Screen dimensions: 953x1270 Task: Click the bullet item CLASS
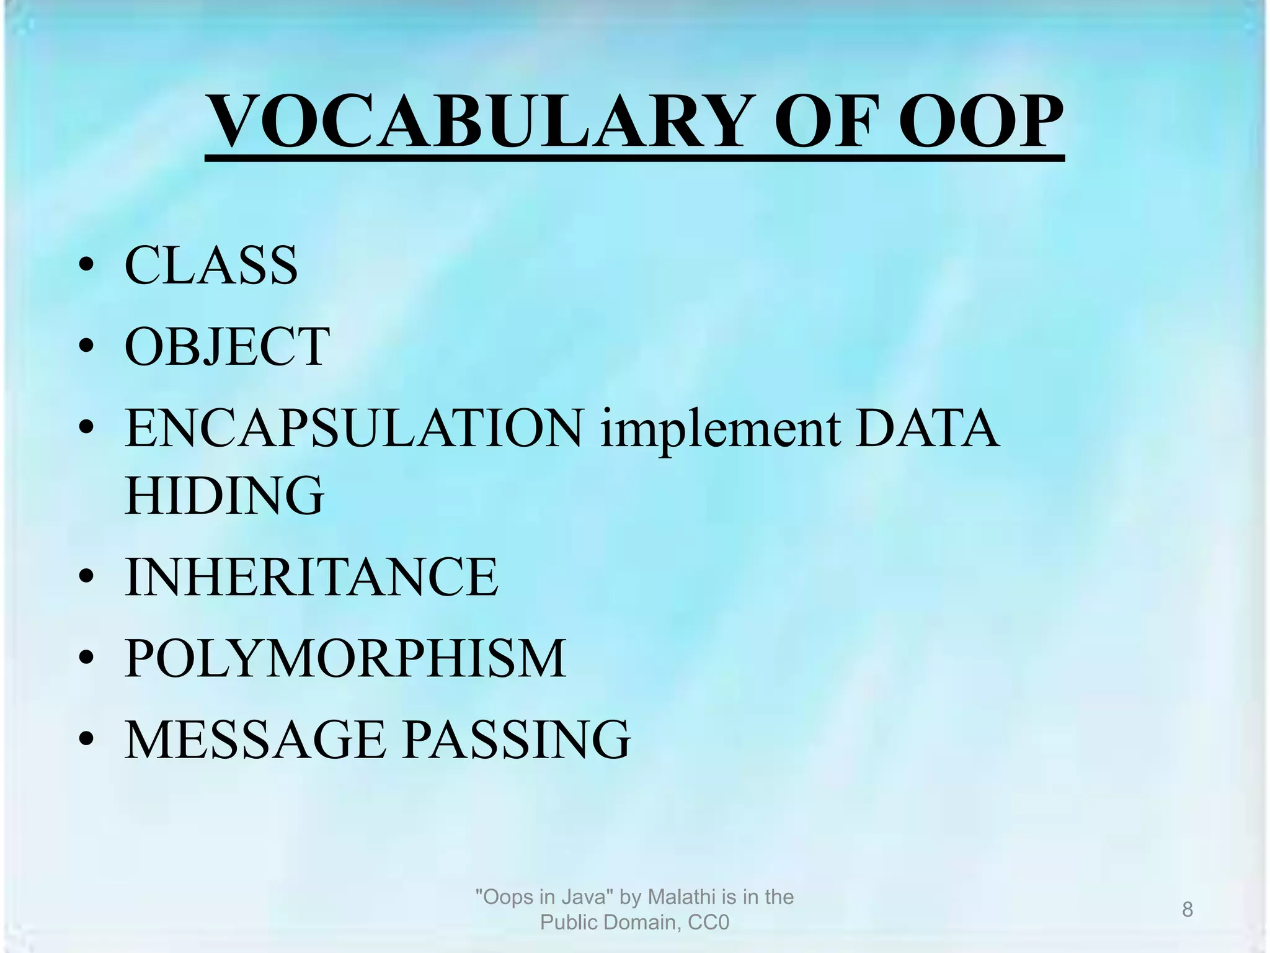coord(211,265)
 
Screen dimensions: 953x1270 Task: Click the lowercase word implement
coord(720,429)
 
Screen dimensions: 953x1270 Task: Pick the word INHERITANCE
coord(311,577)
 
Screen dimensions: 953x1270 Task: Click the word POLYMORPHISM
coord(345,658)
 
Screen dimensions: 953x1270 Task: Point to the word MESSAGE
coord(255,740)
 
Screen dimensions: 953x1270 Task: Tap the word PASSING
coord(517,740)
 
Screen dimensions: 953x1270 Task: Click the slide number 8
coord(1187,910)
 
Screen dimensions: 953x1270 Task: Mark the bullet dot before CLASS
coord(86,266)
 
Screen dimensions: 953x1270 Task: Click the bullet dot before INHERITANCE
coord(86,578)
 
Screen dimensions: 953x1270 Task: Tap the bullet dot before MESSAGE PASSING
coord(86,740)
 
